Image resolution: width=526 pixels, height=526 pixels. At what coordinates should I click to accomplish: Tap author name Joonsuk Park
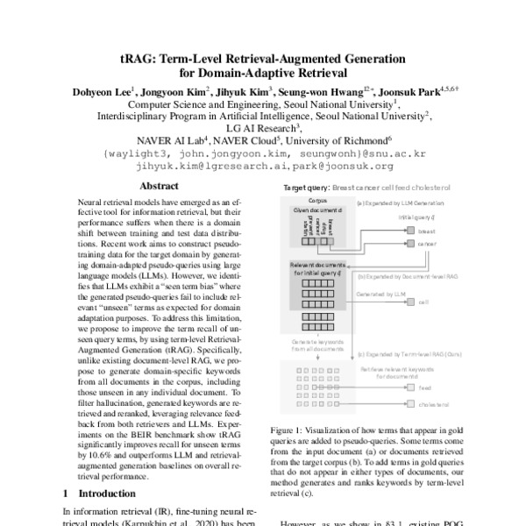416,90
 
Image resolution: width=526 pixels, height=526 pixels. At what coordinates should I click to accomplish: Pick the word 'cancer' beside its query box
427,244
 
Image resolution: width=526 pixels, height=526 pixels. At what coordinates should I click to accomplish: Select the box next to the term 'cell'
410,301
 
